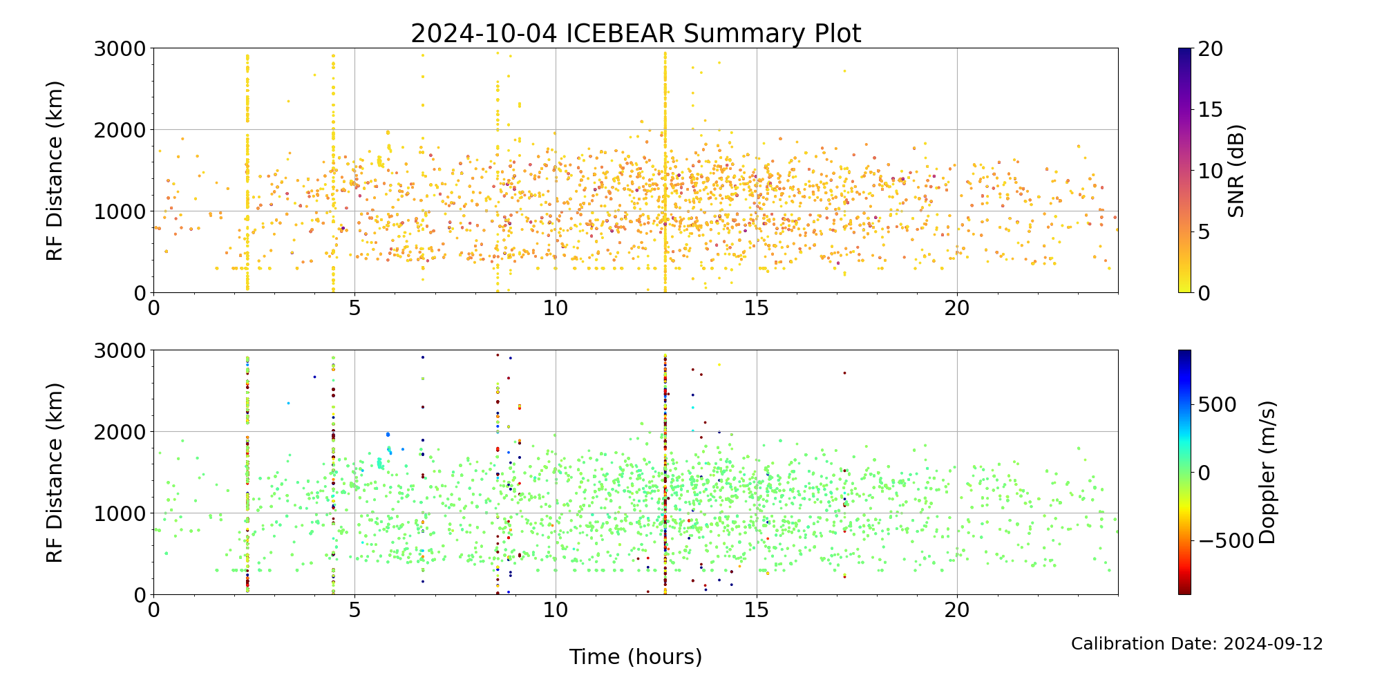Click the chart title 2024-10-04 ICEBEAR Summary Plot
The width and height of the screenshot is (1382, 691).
[636, 33]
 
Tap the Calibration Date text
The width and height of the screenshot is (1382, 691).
[1197, 644]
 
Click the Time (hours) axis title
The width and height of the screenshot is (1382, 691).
[636, 657]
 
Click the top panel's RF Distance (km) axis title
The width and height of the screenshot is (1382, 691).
[55, 171]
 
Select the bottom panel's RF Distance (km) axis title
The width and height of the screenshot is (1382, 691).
[55, 473]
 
